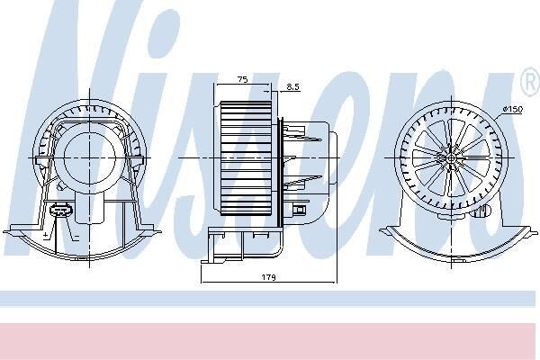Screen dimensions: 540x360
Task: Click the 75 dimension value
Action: point(243,79)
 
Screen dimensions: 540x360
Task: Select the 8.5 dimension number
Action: point(292,86)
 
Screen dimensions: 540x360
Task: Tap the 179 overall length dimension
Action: point(268,277)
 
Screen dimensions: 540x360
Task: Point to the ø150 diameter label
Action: point(512,109)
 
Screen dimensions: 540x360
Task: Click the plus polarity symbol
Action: point(46,235)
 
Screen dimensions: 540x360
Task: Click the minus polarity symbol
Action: point(76,237)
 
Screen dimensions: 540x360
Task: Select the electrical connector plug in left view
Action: point(61,210)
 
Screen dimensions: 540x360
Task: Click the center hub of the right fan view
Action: point(451,158)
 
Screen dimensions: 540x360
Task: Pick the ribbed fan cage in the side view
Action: point(246,158)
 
